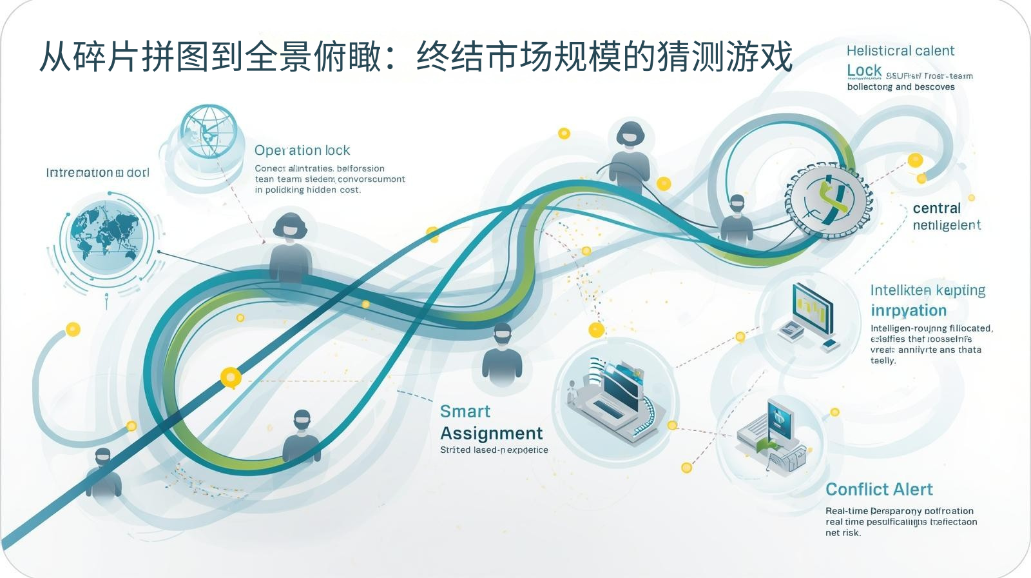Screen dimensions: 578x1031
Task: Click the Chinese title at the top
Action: click(416, 56)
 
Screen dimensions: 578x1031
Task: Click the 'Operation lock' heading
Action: click(302, 150)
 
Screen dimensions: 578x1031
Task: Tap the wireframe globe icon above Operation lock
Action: click(208, 132)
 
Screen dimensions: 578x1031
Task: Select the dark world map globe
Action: click(106, 236)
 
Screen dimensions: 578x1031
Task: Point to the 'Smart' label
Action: click(465, 412)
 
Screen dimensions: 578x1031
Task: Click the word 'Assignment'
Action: click(491, 433)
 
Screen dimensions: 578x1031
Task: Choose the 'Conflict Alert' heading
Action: click(879, 490)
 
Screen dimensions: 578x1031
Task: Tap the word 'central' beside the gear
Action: click(936, 208)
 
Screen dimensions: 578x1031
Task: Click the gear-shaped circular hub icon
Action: click(827, 199)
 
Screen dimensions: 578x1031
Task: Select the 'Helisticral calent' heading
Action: click(900, 51)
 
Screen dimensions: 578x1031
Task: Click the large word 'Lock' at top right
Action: click(863, 71)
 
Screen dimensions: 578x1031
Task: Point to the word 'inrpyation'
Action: click(909, 311)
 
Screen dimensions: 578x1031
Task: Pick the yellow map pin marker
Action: click(230, 377)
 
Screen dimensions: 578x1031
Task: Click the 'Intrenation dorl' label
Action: click(97, 173)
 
